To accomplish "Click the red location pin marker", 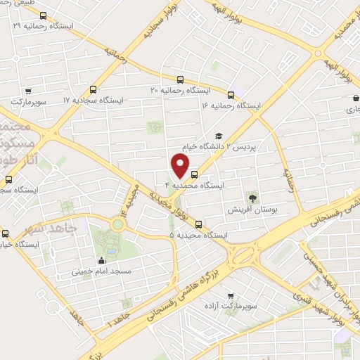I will pos(181,165).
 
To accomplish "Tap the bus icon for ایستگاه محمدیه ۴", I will pos(194,176).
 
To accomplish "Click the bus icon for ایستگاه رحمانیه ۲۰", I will pos(181,80).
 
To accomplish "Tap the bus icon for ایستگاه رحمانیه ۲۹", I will pos(44,15).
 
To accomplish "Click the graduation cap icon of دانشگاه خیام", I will pos(218,136).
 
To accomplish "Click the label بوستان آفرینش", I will pos(247,210).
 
